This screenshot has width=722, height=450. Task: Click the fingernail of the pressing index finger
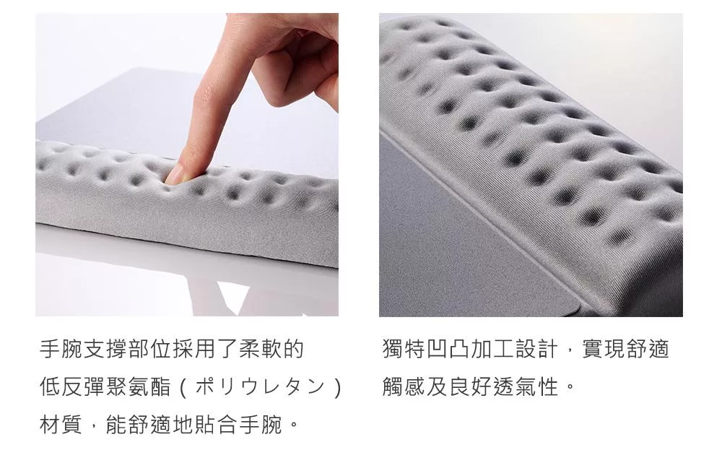176,175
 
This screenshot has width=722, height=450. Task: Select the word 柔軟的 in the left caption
271,349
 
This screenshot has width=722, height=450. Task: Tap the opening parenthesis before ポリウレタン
182,387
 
